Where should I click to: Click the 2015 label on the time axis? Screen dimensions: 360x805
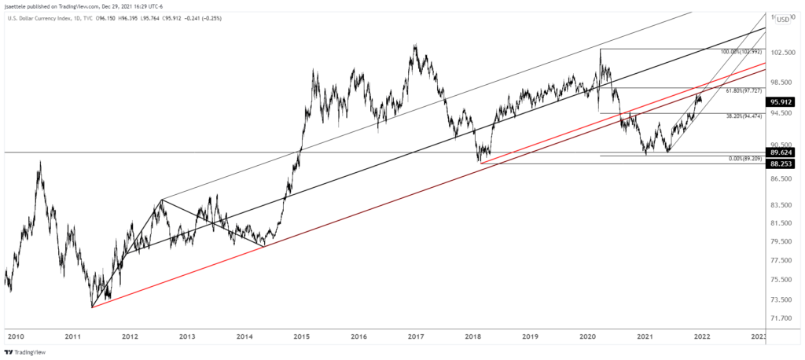(x=301, y=336)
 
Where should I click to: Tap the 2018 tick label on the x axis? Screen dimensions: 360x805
(x=474, y=336)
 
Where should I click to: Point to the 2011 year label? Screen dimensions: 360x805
(x=72, y=336)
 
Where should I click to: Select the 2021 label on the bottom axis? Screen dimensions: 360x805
(x=645, y=336)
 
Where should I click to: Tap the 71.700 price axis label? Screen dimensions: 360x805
(x=787, y=318)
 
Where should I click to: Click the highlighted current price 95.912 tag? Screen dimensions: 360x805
(x=787, y=101)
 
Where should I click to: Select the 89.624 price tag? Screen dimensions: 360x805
(x=787, y=152)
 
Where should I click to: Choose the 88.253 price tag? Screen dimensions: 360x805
(x=787, y=163)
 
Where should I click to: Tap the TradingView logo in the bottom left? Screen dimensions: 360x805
(x=28, y=353)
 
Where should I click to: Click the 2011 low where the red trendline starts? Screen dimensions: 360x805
(x=92, y=307)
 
